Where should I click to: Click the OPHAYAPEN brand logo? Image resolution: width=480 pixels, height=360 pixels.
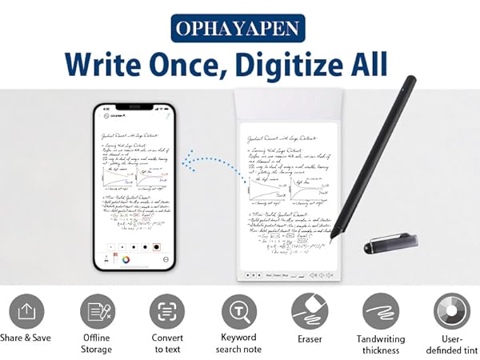(x=240, y=30)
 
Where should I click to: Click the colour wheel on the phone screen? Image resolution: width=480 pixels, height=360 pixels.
(x=117, y=258)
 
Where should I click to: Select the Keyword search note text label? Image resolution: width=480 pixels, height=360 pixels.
(x=238, y=343)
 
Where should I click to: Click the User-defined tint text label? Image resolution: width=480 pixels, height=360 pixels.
(x=451, y=343)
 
